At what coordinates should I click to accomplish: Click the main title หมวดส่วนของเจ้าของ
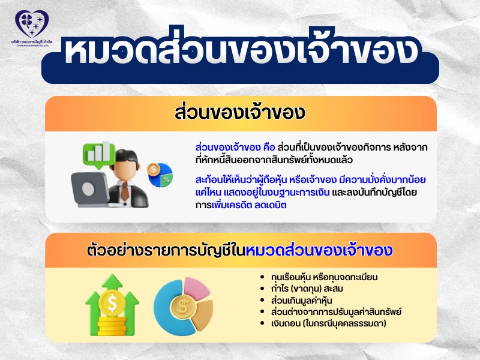tap(240, 52)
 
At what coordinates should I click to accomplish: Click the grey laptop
tap(91, 191)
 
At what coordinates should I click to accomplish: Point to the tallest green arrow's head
tap(113, 283)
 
